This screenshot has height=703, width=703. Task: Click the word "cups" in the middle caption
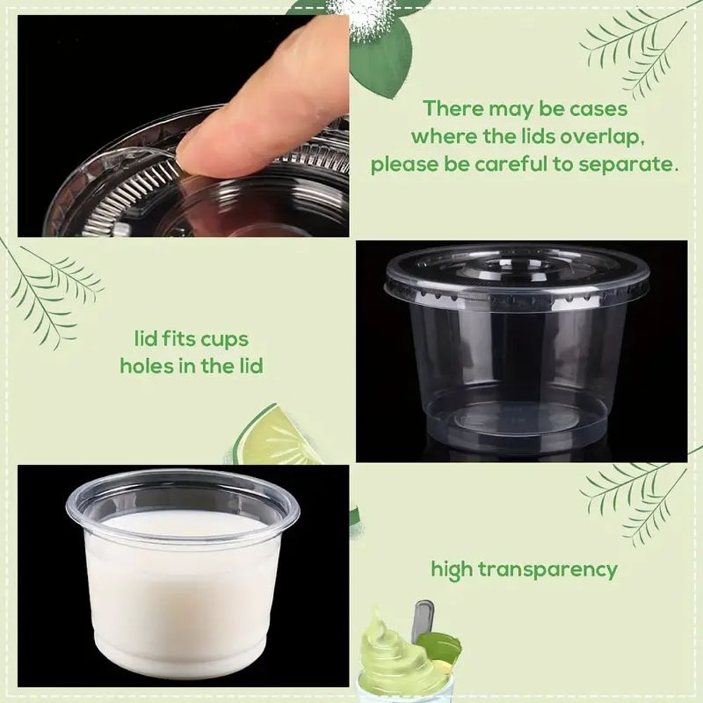click(224, 340)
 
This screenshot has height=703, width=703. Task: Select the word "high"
click(453, 569)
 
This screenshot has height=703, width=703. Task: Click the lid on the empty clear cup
click(517, 274)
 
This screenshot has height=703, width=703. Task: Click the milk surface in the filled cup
click(183, 524)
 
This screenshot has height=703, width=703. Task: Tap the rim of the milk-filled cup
click(183, 482)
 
